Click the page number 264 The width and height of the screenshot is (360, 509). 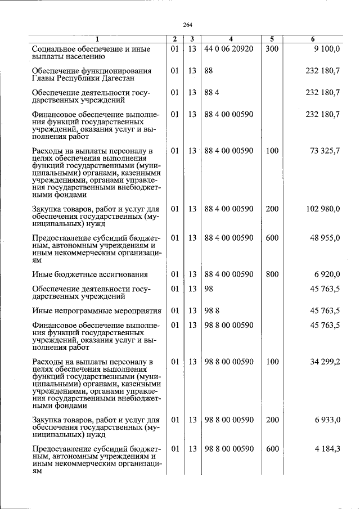(187, 25)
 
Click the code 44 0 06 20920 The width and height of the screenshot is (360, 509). (229, 49)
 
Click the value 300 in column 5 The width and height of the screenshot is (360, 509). (272, 49)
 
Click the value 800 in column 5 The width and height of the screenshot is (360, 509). (272, 274)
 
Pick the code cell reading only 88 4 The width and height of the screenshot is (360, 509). (212, 92)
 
